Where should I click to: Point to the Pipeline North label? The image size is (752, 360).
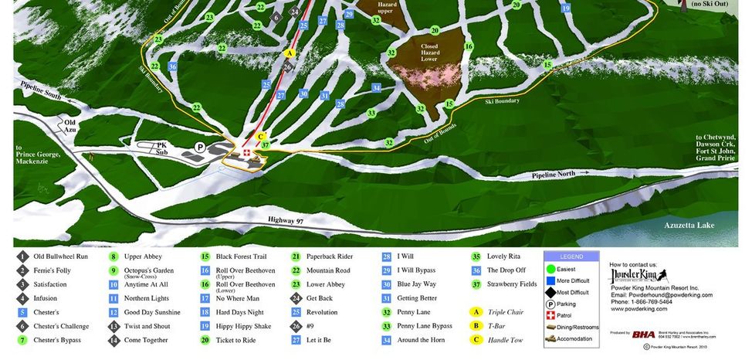click(554, 175)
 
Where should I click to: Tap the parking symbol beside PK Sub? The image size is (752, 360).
click(200, 146)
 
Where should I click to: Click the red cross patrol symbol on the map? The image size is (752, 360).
click(246, 153)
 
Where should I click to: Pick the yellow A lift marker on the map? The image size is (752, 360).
click(290, 53)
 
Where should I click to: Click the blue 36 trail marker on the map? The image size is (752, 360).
click(172, 66)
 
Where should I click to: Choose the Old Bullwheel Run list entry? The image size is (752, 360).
click(60, 256)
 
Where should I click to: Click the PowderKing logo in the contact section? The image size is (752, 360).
click(639, 276)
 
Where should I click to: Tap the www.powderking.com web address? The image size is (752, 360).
click(639, 309)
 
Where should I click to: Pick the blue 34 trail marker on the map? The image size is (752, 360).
click(376, 87)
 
